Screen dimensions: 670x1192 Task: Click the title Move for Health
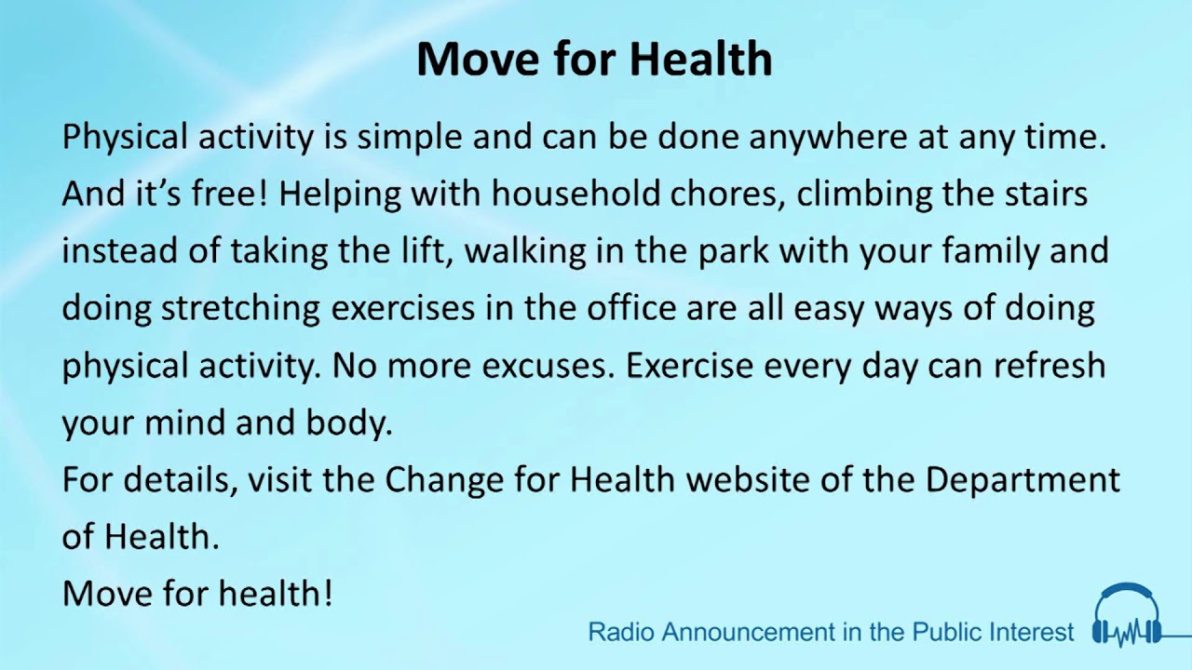coord(594,59)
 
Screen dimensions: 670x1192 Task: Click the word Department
coord(1022,481)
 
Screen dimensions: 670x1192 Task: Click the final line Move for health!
coord(197,593)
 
